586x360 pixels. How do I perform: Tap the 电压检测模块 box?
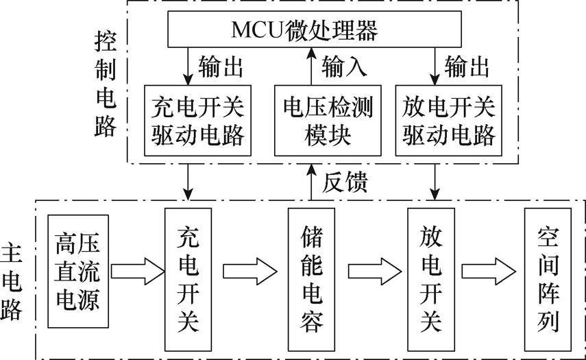coord(327,120)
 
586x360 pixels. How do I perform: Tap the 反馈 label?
coord(347,182)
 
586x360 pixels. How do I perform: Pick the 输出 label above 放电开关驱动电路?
coord(467,67)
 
